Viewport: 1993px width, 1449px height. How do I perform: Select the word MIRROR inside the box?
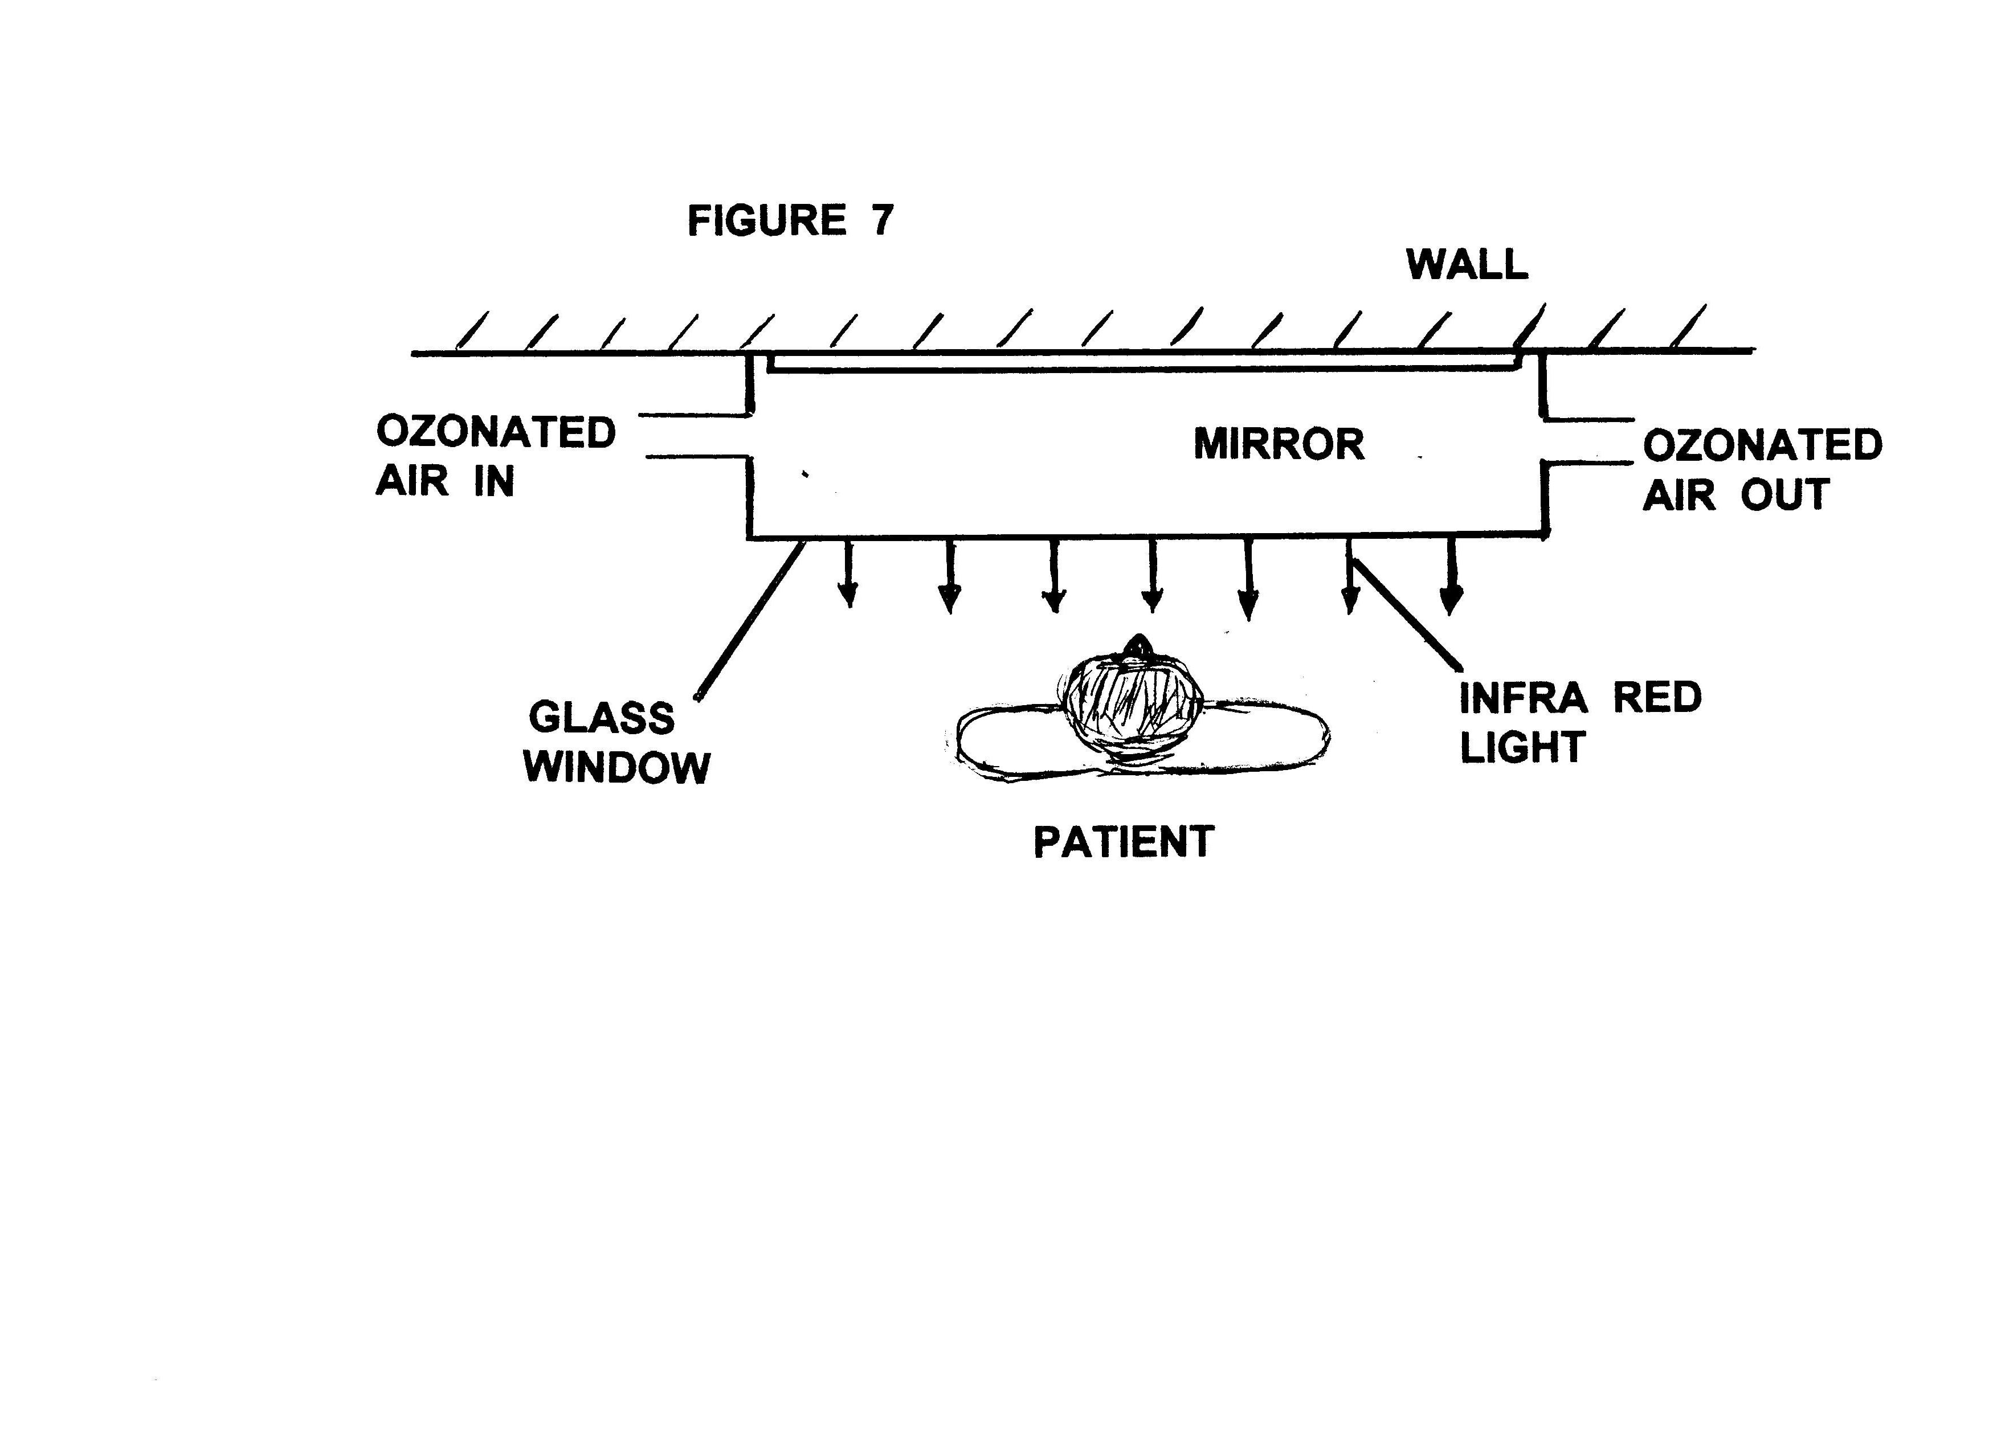pyautogui.click(x=1279, y=445)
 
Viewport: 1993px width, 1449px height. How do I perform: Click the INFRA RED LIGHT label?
pyautogui.click(x=1580, y=722)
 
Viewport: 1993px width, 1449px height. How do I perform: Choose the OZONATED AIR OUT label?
pyautogui.click(x=1762, y=470)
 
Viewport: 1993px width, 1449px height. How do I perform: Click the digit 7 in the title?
pyautogui.click(x=881, y=220)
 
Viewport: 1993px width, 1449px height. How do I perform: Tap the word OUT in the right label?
pyautogui.click(x=1784, y=496)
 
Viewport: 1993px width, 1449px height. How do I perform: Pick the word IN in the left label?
pyautogui.click(x=494, y=481)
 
